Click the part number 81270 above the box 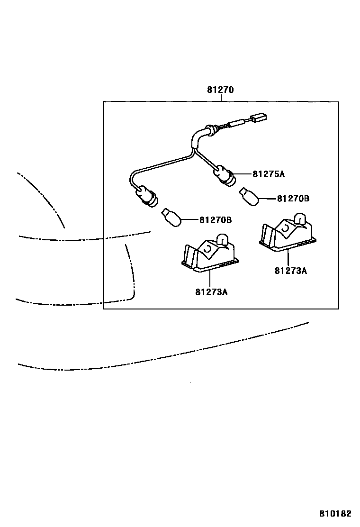[x=220, y=90]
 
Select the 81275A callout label [x=269, y=174]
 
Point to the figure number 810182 [x=335, y=513]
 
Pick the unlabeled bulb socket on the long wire [x=147, y=196]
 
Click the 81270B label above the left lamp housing [x=215, y=220]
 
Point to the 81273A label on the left [x=211, y=292]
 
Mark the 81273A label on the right [x=290, y=271]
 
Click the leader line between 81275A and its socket [x=242, y=174]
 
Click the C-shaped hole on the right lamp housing [x=286, y=228]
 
